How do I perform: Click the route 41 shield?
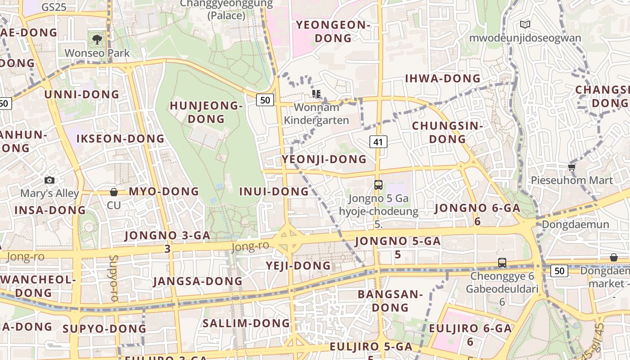(x=378, y=142)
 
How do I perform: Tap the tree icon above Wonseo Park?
(x=97, y=40)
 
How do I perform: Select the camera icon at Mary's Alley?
(x=49, y=180)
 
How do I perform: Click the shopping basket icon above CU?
(x=114, y=192)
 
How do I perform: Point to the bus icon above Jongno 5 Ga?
(x=378, y=184)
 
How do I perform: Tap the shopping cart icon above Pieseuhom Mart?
(x=571, y=167)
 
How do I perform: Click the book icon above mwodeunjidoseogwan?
(x=525, y=24)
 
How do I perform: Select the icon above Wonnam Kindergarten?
(x=316, y=94)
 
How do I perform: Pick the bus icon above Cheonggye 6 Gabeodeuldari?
(x=502, y=262)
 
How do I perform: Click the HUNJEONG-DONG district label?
(x=206, y=112)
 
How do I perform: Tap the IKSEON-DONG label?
(x=121, y=139)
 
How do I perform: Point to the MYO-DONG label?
(x=164, y=191)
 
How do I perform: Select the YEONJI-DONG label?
(x=324, y=159)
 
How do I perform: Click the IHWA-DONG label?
(x=443, y=78)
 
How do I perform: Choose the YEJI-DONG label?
(x=298, y=265)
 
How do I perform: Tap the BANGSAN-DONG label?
(x=390, y=301)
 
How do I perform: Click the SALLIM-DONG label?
(x=246, y=323)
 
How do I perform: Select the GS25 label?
(x=54, y=7)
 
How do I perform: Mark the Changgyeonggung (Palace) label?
(x=226, y=9)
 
